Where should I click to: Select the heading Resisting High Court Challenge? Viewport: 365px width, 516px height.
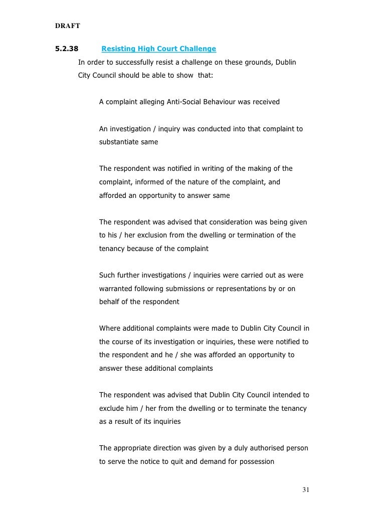point(158,49)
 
